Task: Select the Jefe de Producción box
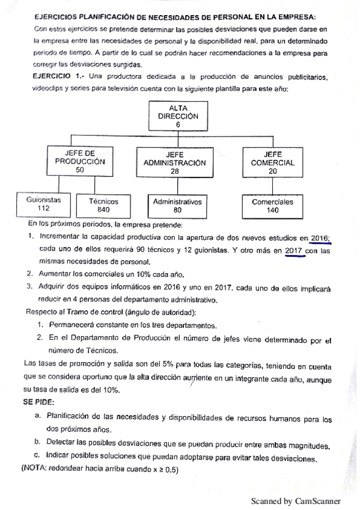[80, 162]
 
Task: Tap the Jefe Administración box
[174, 162]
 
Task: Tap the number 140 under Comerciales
[273, 211]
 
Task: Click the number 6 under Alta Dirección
[178, 125]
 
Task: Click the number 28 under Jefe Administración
[174, 171]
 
